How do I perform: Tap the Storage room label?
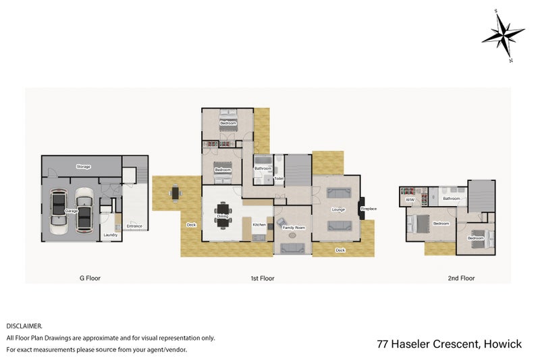tap(83, 166)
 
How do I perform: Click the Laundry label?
tap(109, 235)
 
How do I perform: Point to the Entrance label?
tap(134, 226)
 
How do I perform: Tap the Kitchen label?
tap(259, 224)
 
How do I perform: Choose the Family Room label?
tap(294, 228)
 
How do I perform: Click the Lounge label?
tap(338, 209)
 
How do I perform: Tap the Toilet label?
tap(279, 179)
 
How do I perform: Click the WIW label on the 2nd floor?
tap(410, 199)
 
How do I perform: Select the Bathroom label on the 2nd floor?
tap(451, 199)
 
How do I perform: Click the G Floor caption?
tap(90, 278)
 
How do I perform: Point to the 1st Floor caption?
tap(263, 278)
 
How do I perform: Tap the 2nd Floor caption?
tap(461, 278)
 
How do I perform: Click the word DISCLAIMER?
tap(24, 326)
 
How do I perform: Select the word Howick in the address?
tap(502, 344)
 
